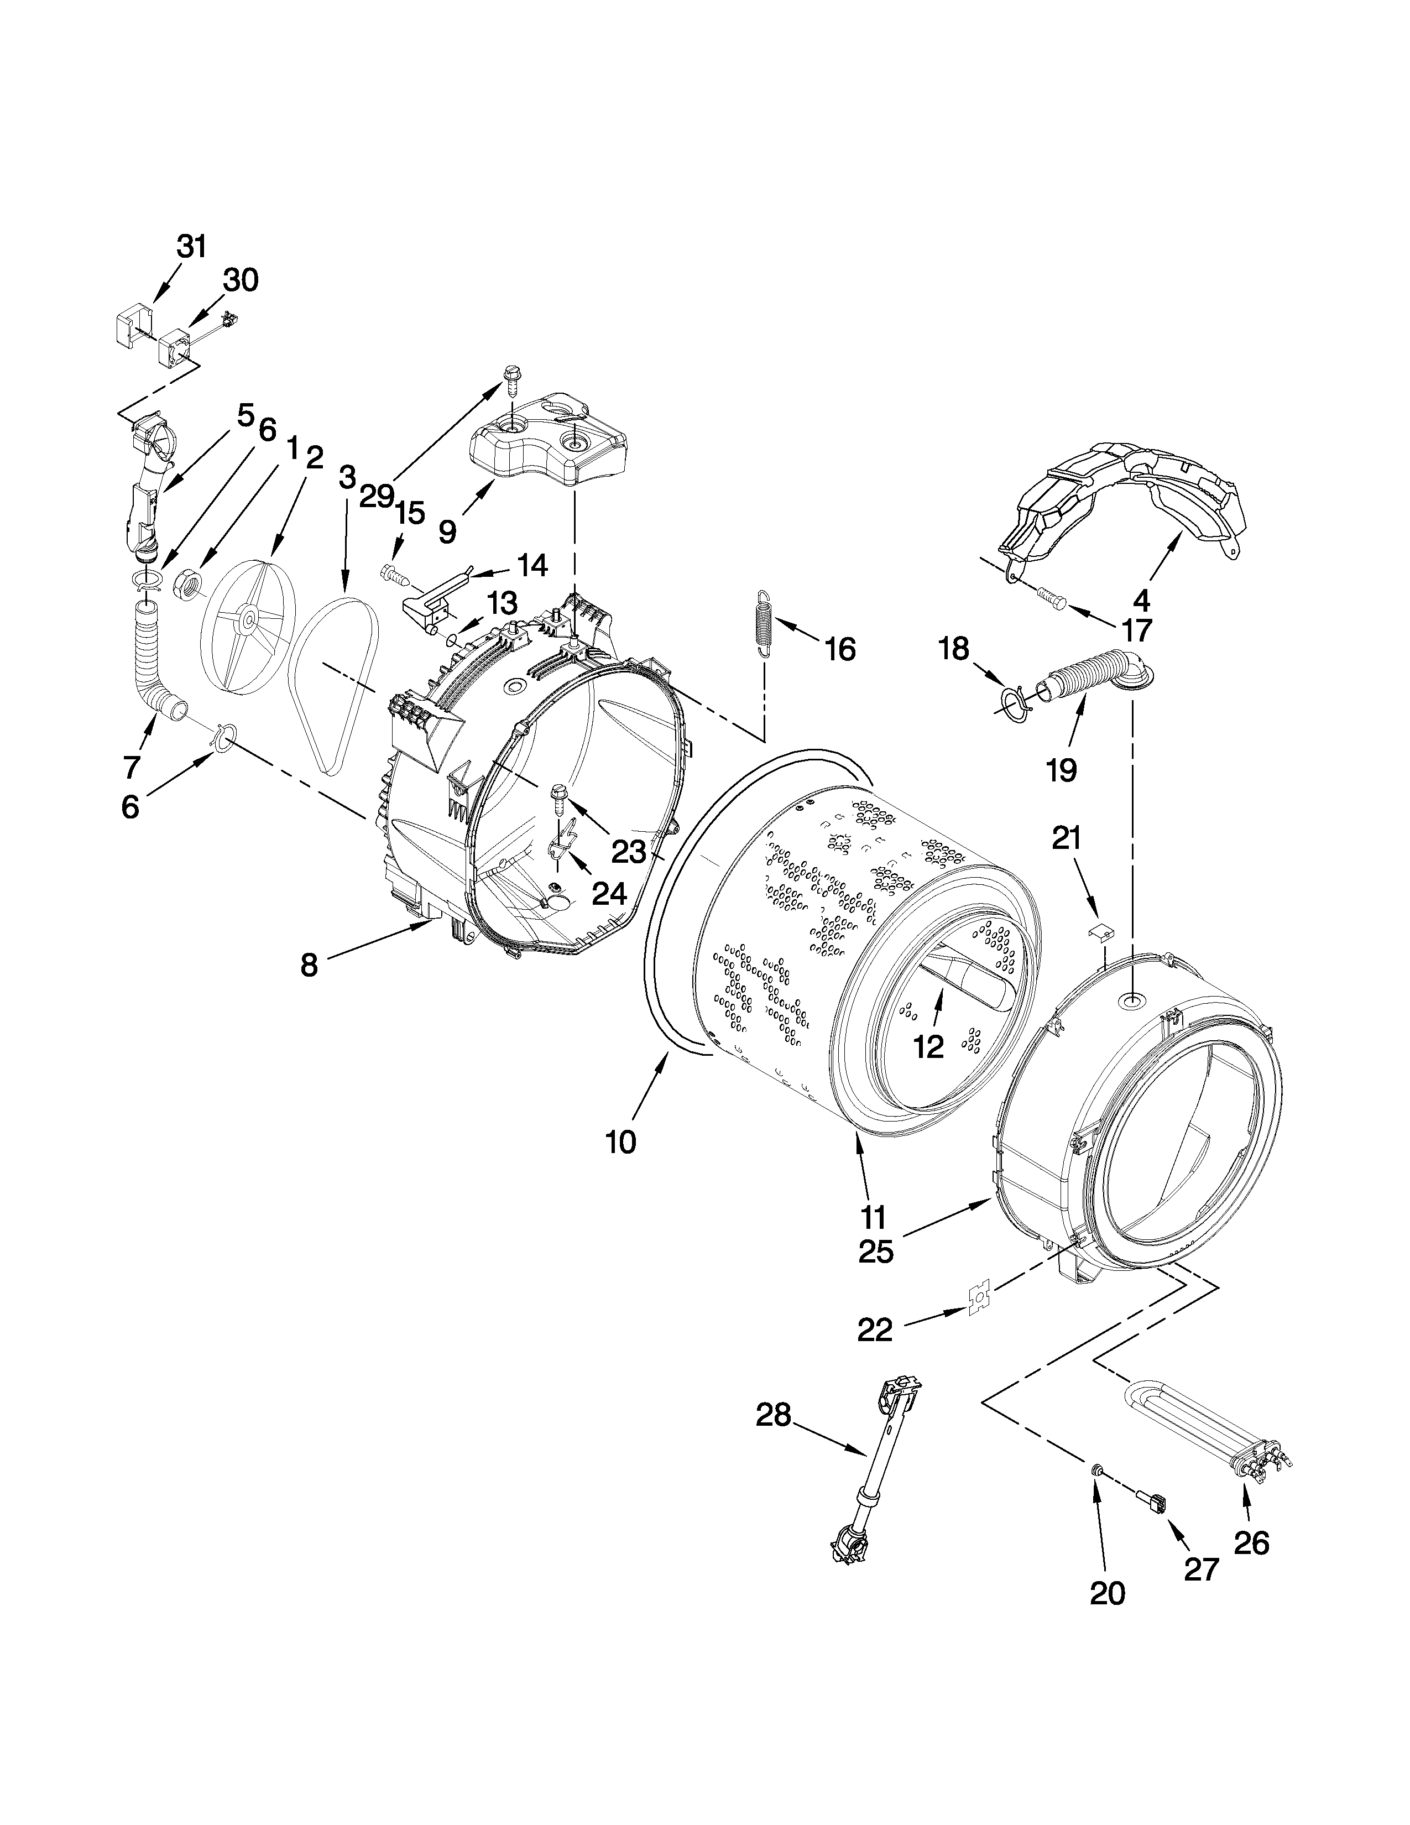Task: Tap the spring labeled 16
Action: [x=764, y=624]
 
